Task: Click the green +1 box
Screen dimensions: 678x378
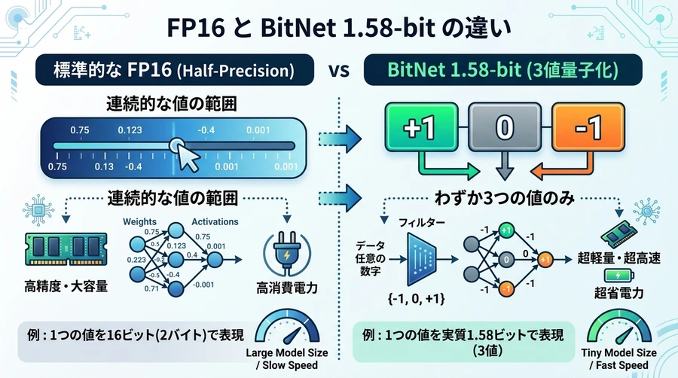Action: (421, 127)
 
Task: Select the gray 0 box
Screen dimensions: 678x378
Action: (505, 127)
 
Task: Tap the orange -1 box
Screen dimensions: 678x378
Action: (588, 127)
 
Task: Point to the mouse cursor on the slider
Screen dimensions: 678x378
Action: (188, 157)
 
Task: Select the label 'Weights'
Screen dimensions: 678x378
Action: (139, 221)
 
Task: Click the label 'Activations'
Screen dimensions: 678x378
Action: (215, 221)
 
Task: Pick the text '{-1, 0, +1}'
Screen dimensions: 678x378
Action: (417, 298)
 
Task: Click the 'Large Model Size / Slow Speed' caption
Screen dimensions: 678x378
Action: (287, 359)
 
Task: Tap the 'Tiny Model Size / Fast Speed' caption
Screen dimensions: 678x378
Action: (618, 359)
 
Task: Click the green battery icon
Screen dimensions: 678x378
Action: (618, 275)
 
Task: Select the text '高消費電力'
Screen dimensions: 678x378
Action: (287, 288)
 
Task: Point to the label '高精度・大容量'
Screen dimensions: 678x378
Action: (66, 286)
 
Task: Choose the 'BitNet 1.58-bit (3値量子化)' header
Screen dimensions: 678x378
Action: (503, 70)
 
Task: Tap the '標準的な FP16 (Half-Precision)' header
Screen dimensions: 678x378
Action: (174, 70)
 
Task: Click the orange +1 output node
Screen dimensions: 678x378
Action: (545, 260)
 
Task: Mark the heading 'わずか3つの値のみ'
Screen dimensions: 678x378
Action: (504, 198)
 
